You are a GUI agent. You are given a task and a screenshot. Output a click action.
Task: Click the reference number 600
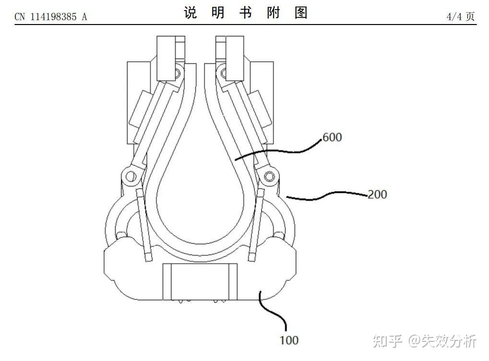pos(332,137)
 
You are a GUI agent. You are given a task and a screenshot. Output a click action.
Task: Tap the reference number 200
pos(377,195)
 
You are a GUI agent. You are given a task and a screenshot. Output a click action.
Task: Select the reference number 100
pos(288,340)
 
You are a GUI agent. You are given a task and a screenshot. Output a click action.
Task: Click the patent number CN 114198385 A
pos(51,16)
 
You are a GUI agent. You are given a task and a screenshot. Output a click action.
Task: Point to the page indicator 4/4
pos(453,16)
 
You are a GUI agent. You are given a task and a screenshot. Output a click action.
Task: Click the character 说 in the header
pos(191,13)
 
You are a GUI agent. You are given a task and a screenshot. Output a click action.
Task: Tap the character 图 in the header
pos(301,13)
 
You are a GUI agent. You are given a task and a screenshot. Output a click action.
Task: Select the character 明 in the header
pos(218,13)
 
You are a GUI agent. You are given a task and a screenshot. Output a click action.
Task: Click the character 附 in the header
pos(274,13)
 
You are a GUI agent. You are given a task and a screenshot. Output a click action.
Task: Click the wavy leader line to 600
pos(278,150)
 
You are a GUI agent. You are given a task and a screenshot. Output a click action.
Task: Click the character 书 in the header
pos(246,13)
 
